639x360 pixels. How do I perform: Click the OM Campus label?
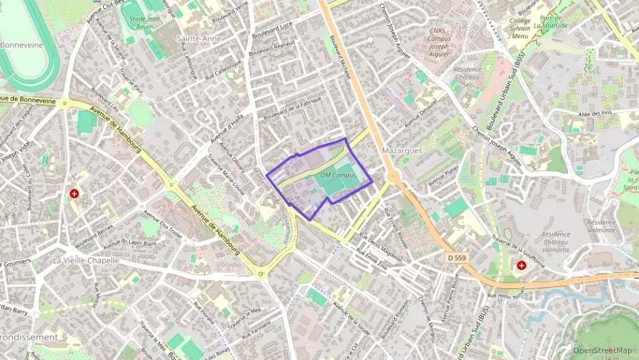coord(339,176)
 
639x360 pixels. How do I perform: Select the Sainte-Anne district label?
coord(199,39)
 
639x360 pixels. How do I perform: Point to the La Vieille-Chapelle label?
coord(86,260)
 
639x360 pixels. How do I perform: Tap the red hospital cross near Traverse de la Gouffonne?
coord(522,265)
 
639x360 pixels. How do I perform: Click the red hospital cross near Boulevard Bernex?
coord(74,195)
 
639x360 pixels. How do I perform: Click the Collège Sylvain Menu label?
coord(520,28)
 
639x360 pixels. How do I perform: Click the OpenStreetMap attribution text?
coord(603,351)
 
